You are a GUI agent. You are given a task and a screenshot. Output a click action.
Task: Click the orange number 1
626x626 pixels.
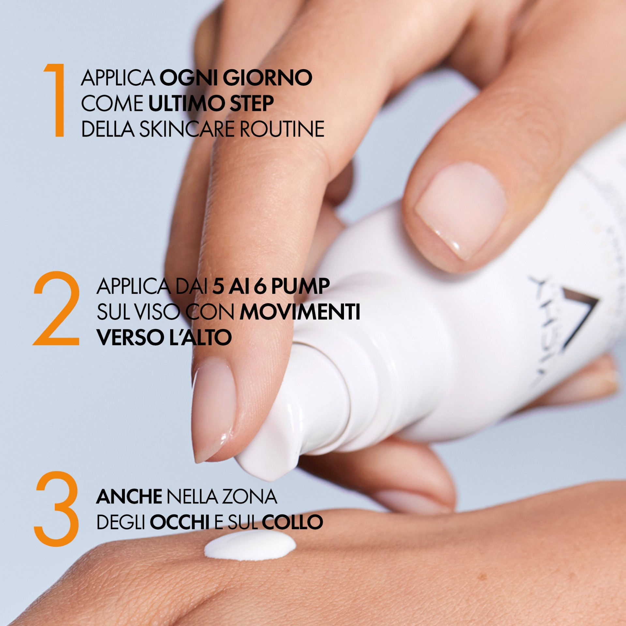56,100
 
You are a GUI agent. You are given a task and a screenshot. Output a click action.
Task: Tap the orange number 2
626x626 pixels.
56,308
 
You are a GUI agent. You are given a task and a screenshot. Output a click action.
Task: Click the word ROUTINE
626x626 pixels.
282,129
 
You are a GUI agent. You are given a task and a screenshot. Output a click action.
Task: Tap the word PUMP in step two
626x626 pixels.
300,286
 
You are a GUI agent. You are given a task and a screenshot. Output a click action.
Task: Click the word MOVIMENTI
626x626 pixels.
300,312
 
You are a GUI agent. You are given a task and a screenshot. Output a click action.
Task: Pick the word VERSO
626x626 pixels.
130,337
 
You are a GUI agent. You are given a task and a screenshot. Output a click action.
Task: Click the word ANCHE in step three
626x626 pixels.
129,497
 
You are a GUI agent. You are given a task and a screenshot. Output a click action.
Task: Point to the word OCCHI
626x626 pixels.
180,522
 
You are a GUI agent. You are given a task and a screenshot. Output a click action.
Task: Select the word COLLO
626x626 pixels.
292,522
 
